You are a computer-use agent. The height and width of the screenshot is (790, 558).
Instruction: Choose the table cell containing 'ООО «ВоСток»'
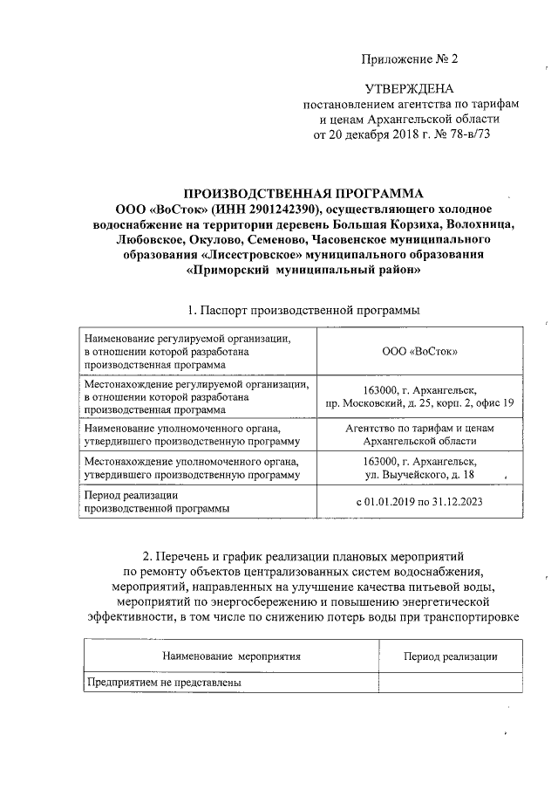[x=421, y=351]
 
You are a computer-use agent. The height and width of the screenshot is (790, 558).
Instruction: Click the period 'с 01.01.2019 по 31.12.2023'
[x=419, y=502]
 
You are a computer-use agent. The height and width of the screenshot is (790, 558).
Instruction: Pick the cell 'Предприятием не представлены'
[x=163, y=683]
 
